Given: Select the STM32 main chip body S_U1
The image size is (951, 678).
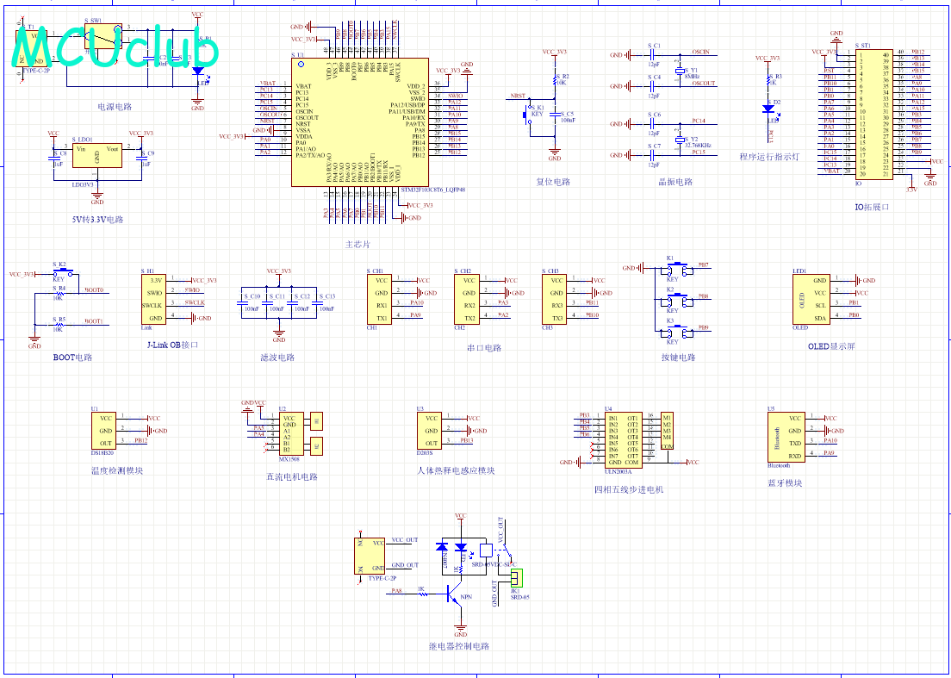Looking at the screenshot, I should coord(359,121).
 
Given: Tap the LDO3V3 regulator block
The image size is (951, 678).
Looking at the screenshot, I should coord(96,157).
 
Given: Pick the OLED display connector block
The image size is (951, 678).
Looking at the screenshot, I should coord(811,299).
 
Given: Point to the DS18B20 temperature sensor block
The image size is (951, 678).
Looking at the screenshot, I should coord(105,429).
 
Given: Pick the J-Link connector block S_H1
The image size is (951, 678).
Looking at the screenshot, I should coord(157,299).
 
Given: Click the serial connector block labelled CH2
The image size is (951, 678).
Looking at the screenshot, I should coord(469,298).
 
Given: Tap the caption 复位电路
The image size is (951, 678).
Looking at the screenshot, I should coord(554,182).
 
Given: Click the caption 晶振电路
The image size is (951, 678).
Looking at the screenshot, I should coord(675,182).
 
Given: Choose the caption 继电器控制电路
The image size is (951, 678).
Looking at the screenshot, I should coord(459,646).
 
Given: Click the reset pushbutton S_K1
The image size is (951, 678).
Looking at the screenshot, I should coord(527,113).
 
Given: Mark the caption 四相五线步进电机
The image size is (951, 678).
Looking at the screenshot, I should coord(629,490).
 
